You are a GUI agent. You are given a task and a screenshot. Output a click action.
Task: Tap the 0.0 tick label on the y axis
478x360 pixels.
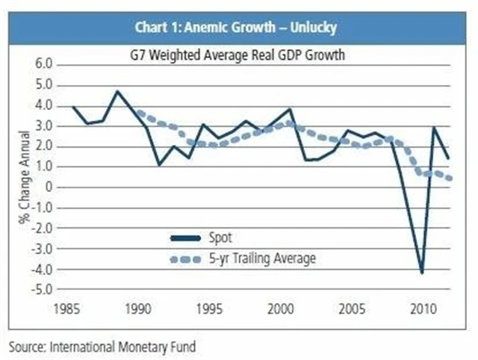pos(45,187)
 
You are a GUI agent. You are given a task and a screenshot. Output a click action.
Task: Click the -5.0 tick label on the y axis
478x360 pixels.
pos(43,289)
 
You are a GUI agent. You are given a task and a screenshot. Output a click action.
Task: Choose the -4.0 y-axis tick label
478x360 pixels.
pos(43,269)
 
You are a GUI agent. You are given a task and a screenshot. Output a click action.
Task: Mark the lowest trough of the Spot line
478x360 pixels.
pos(423,273)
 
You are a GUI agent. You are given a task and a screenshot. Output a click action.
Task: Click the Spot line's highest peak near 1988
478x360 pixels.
pos(117,91)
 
